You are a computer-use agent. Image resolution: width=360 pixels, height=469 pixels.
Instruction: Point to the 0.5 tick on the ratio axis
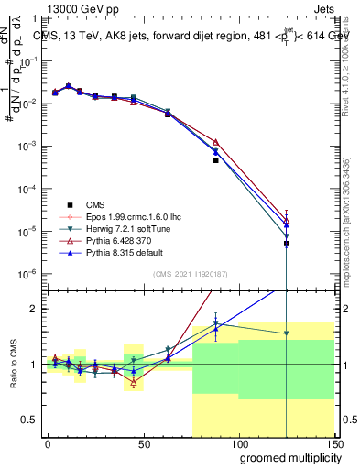(x=30, y=420)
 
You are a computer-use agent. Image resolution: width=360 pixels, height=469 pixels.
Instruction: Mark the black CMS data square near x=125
(x=287, y=244)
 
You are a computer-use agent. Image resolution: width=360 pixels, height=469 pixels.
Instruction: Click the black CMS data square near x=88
(x=215, y=160)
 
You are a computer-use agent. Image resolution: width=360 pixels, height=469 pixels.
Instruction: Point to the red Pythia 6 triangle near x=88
(x=215, y=142)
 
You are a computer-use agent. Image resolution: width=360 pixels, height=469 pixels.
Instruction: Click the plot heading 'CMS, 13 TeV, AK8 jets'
(x=110, y=35)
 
